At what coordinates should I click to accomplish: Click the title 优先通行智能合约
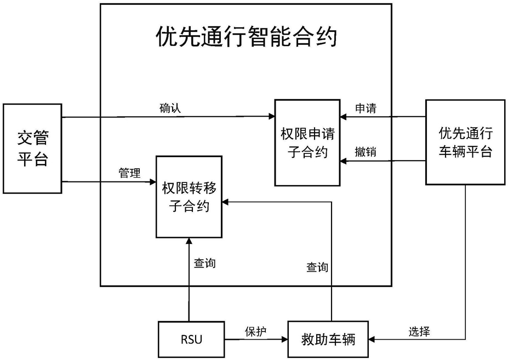247,37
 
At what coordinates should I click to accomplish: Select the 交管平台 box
32,148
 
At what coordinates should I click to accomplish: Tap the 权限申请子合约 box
307,142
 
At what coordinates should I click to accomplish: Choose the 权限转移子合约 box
189,197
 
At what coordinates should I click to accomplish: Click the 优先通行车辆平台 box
465,142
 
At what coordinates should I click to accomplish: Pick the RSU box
191,340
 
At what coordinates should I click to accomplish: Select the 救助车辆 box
328,340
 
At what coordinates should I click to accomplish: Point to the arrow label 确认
170,108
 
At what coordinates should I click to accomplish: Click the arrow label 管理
129,173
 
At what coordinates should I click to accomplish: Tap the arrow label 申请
366,108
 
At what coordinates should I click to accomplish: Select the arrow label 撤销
366,151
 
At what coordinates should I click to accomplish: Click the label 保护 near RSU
255,332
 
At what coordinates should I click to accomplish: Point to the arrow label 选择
419,332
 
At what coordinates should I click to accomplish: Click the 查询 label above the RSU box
205,263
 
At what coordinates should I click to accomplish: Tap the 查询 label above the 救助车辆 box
317,267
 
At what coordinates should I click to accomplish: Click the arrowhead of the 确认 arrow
272,116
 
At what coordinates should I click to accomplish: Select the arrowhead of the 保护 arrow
285,340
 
